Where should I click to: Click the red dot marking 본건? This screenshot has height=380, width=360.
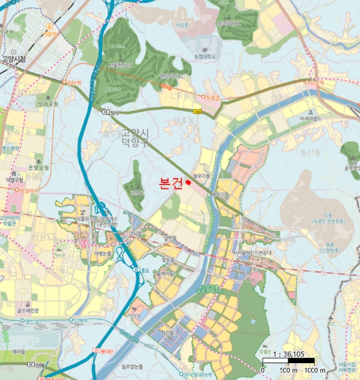point(188,182)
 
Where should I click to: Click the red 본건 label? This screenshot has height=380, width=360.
point(170,183)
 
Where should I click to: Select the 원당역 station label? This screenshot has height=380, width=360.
point(73,83)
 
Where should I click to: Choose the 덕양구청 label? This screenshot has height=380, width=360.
point(16,178)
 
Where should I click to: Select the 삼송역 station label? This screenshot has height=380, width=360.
point(316,83)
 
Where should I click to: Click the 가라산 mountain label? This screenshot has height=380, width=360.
point(59,255)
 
